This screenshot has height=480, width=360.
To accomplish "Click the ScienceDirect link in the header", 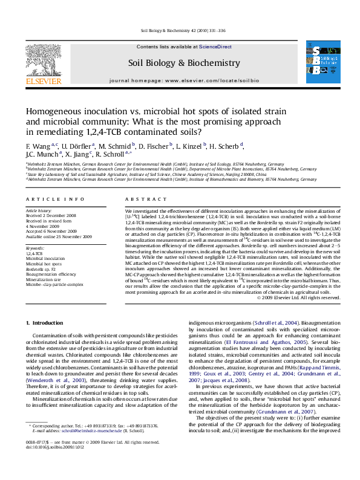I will pyautogui.click(x=215, y=47).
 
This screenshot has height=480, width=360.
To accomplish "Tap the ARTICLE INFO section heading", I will pyautogui.click(x=51, y=198).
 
